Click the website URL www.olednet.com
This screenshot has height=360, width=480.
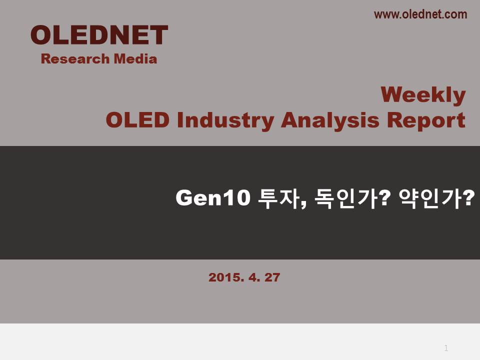[x=420, y=14]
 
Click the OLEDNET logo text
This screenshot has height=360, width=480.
[x=99, y=35]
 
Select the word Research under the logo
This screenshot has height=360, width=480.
[x=75, y=59]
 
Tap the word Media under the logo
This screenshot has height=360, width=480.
[x=135, y=59]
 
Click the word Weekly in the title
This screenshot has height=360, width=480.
[x=423, y=95]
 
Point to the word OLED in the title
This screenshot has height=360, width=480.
[x=137, y=120]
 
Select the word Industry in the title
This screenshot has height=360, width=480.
[x=225, y=121]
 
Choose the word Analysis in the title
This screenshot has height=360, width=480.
[x=330, y=121]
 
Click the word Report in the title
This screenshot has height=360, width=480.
[x=426, y=121]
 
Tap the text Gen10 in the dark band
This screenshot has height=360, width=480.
[x=213, y=198]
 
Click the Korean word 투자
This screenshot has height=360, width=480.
[x=278, y=198]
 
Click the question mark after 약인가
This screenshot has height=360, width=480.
[x=468, y=198]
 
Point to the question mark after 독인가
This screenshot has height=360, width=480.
[x=385, y=198]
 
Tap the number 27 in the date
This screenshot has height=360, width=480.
[x=272, y=277]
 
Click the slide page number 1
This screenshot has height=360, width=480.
[x=446, y=348]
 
